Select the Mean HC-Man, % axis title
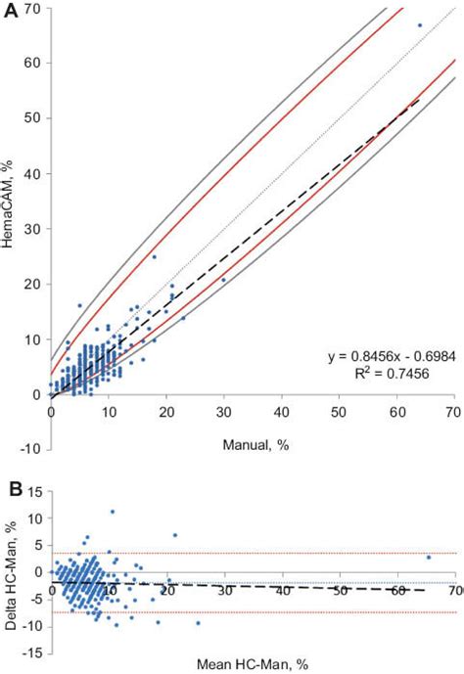pos(252,664)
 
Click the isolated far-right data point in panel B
pos(428,558)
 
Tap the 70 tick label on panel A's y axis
pos(32,8)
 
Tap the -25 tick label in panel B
pos(31,650)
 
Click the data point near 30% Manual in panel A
pos(223,280)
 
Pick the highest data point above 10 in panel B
pos(113,511)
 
